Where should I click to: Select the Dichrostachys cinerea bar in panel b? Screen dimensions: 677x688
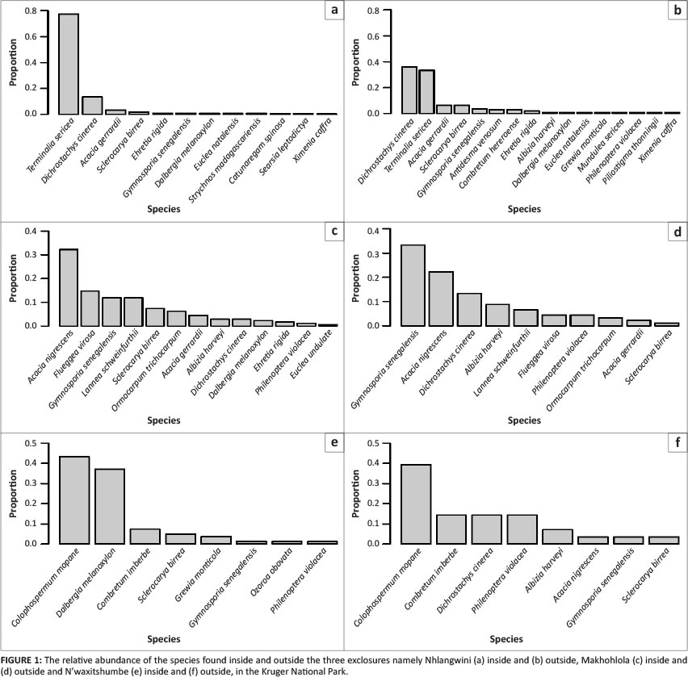pyautogui.click(x=409, y=90)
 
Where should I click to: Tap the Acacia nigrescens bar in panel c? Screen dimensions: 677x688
pyautogui.click(x=69, y=287)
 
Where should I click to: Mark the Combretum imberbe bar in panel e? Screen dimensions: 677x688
pyautogui.click(x=145, y=536)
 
